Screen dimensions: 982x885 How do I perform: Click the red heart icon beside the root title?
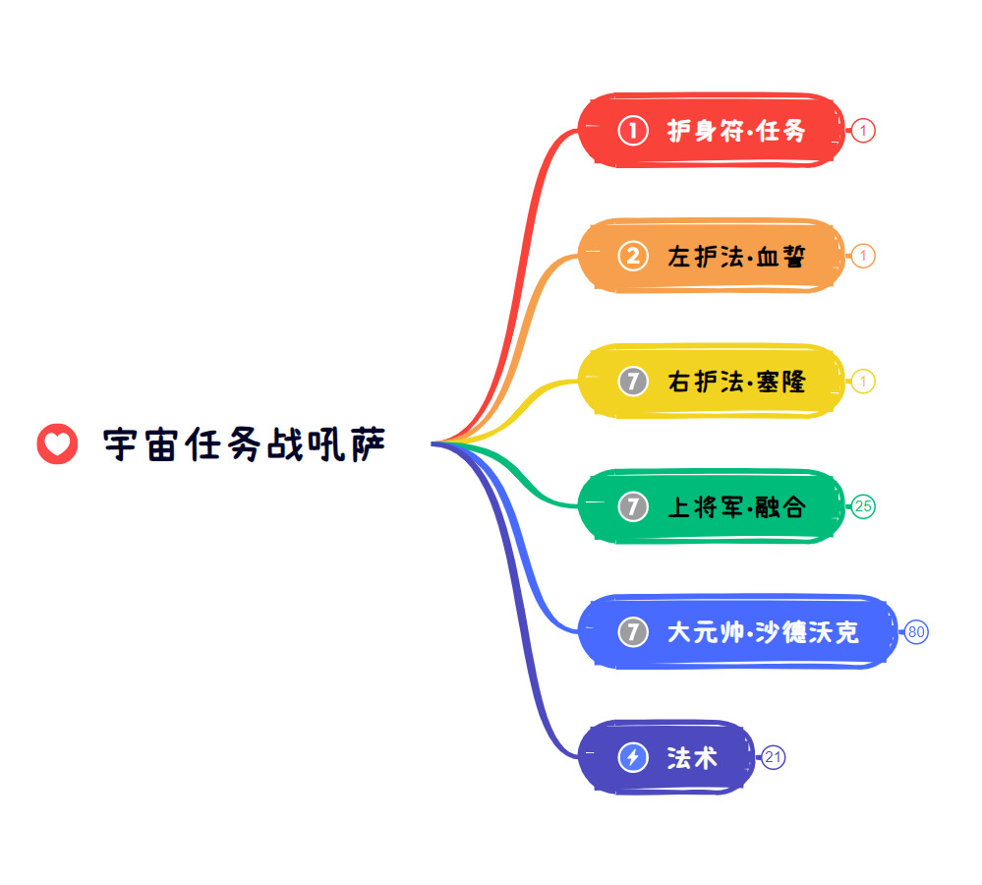[57, 444]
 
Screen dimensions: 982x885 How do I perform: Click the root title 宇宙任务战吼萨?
[244, 444]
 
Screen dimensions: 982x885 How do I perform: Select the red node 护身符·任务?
[712, 130]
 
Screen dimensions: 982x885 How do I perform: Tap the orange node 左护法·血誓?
[712, 256]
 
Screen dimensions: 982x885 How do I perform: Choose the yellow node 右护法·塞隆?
[712, 381]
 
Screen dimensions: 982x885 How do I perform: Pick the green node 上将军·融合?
[712, 506]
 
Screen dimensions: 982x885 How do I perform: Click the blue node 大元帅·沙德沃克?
[738, 631]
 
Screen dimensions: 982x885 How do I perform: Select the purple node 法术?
[666, 757]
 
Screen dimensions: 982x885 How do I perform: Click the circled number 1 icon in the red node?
[633, 131]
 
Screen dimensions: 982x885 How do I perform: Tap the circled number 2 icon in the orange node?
[633, 257]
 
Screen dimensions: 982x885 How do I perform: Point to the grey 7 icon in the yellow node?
[633, 382]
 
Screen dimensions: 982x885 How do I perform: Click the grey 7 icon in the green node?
[633, 506]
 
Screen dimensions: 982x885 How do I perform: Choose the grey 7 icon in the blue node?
[633, 632]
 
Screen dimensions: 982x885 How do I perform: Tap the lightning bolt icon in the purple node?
[633, 757]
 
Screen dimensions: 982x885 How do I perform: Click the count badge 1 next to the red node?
[863, 131]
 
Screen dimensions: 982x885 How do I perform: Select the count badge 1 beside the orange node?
[863, 257]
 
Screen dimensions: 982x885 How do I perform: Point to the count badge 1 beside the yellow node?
[863, 382]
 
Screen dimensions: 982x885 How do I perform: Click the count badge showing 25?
[863, 506]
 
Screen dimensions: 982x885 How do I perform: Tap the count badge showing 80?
[915, 632]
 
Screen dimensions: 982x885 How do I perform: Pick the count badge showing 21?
[773, 757]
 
